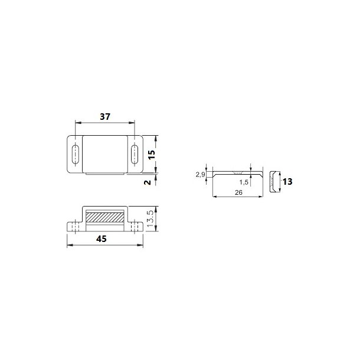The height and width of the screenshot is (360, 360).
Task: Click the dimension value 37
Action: coord(105,117)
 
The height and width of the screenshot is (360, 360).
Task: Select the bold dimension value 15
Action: coord(151,154)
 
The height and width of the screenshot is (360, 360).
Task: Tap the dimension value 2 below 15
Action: coord(148,181)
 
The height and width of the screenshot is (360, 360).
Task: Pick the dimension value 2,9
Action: coord(199,175)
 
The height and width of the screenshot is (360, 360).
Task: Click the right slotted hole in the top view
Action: coord(133,154)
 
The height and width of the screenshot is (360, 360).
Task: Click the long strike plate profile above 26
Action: coord(235,174)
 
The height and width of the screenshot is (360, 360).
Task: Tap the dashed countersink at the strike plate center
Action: coord(236,174)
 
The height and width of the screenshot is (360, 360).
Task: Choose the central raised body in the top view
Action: coord(104,154)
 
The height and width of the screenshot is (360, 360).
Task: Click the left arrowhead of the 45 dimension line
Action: coord(70,244)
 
